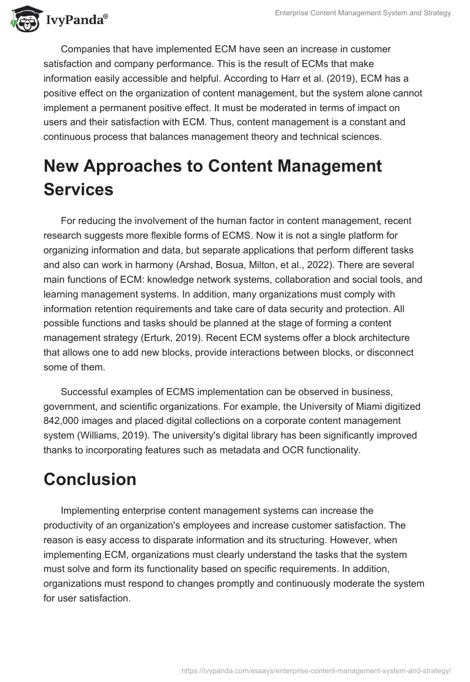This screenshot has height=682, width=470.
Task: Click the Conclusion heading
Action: [90, 479]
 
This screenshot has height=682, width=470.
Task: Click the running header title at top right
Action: [362, 13]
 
